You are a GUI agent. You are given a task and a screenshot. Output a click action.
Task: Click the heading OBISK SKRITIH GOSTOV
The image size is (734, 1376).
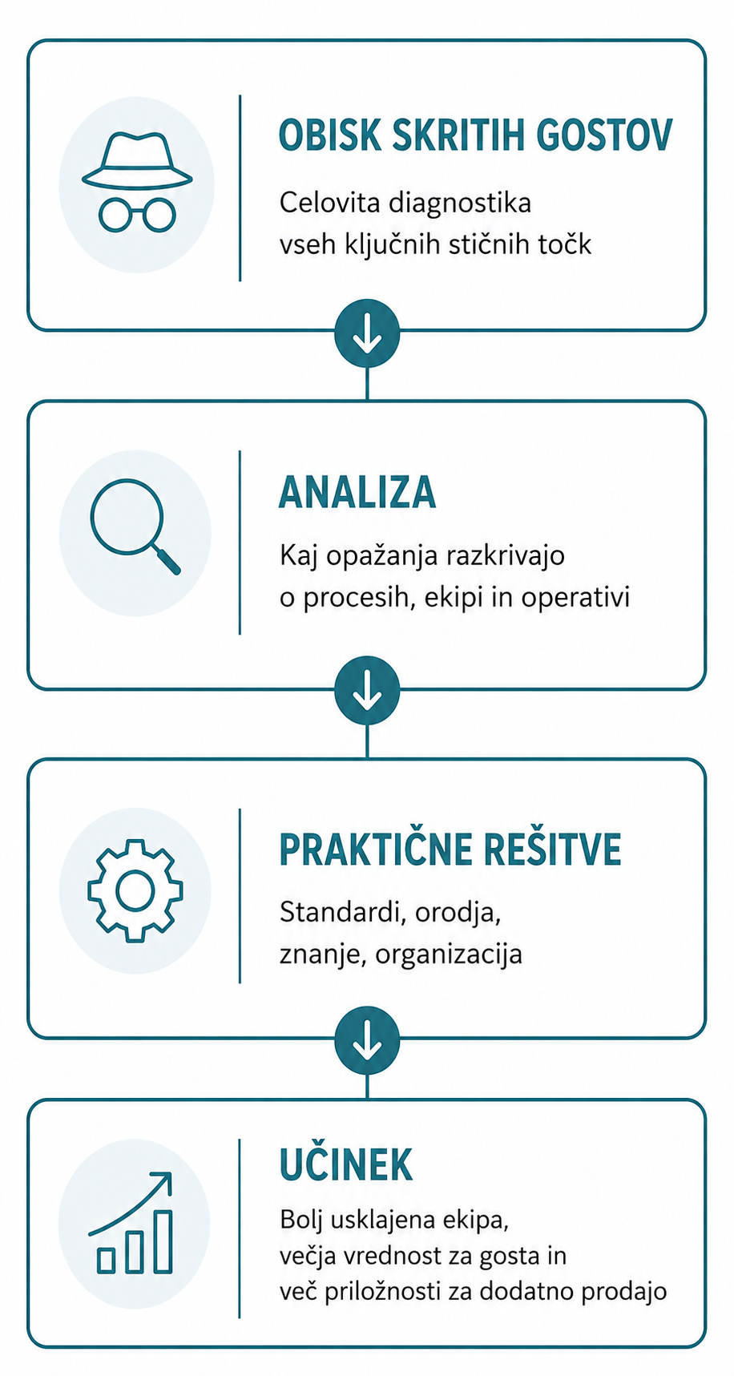pyautogui.click(x=475, y=135)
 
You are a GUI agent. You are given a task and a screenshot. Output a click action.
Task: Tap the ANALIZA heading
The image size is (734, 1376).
pyautogui.click(x=357, y=492)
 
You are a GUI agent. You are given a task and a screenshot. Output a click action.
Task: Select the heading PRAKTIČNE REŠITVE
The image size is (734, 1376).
pyautogui.click(x=450, y=849)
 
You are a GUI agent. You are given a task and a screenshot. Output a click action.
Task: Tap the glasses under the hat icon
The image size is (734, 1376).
pyautogui.click(x=137, y=214)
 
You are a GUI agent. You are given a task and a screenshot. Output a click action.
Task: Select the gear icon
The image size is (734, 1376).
pyautogui.click(x=135, y=890)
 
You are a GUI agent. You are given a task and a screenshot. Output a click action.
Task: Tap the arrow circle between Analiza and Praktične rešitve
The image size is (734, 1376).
pyautogui.click(x=367, y=690)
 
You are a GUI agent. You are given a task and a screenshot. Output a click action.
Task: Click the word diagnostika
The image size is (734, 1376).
pyautogui.click(x=459, y=203)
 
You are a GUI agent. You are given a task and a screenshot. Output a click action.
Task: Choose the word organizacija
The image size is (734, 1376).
pyautogui.click(x=449, y=954)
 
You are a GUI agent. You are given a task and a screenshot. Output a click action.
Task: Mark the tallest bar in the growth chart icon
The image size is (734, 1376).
pyautogui.click(x=163, y=1241)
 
